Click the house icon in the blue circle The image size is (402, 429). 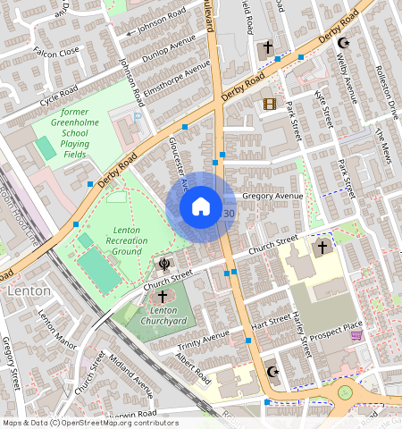pyautogui.click(x=201, y=207)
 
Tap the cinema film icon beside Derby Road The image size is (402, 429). pyautogui.click(x=270, y=105)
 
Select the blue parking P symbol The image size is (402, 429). pyautogui.click(x=137, y=116)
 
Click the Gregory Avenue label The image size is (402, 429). pyautogui.click(x=273, y=196)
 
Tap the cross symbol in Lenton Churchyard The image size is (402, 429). pyautogui.click(x=163, y=296)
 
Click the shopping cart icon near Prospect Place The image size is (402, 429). pyautogui.click(x=357, y=335)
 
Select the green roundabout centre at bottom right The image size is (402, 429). pyautogui.click(x=345, y=392)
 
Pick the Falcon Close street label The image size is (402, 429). pyautogui.click(x=55, y=53)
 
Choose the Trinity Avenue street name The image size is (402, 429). pyautogui.click(x=204, y=339)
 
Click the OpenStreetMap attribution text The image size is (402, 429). pyautogui.click(x=89, y=423)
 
